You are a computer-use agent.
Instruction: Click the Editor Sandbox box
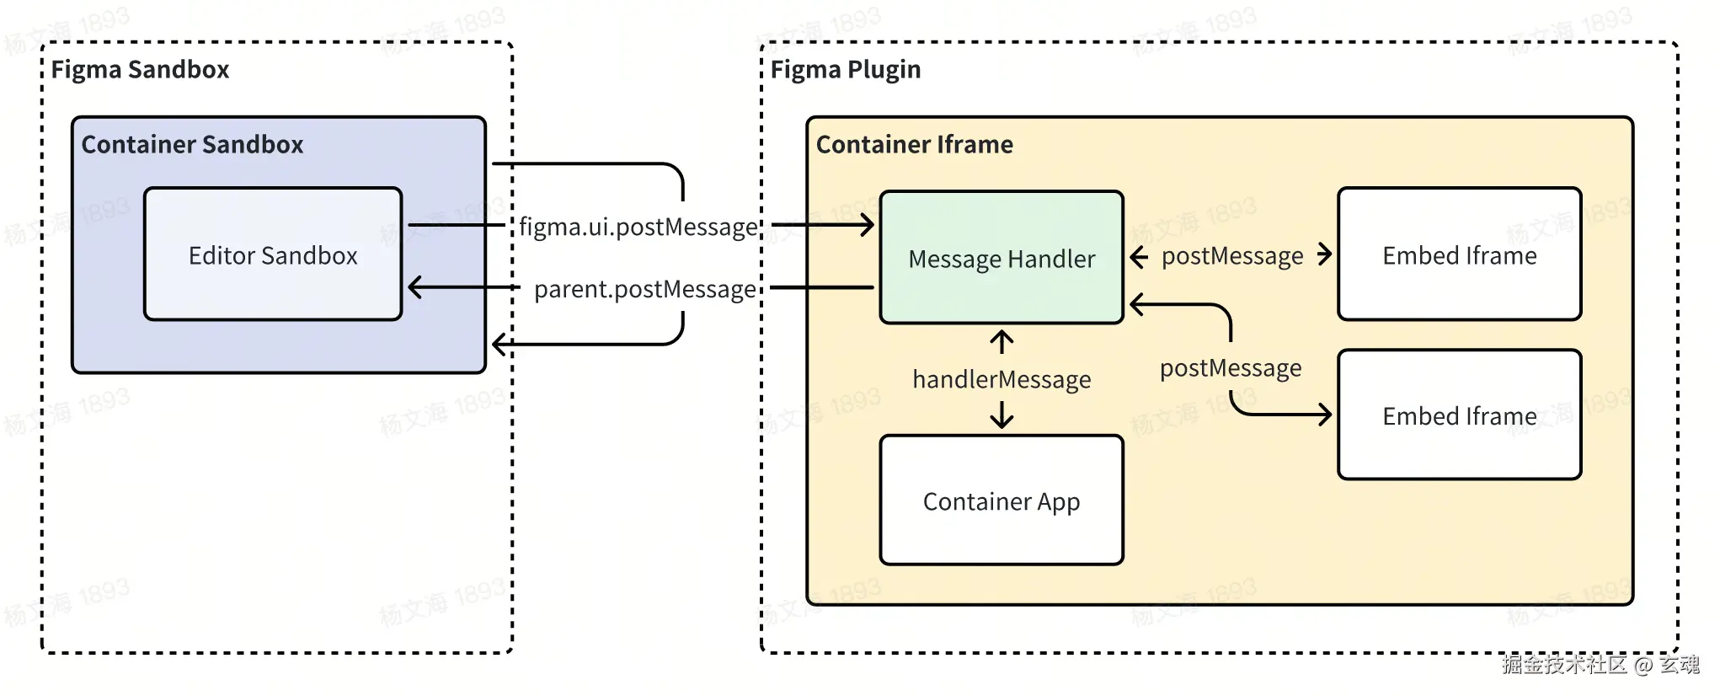click(272, 254)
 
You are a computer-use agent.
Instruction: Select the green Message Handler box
click(1001, 258)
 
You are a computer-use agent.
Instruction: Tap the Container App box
click(1001, 501)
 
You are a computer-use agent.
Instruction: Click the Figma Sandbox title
click(140, 69)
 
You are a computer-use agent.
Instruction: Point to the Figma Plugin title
click(845, 69)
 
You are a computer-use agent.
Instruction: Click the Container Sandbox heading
click(192, 144)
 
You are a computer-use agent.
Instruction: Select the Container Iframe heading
click(914, 144)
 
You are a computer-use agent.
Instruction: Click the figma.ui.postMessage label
click(638, 227)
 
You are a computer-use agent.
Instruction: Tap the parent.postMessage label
click(644, 289)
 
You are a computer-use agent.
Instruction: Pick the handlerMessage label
click(1001, 379)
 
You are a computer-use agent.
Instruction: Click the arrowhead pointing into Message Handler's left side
click(868, 225)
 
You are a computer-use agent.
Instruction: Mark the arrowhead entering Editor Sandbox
click(414, 287)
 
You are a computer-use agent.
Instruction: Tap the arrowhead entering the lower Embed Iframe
click(1326, 414)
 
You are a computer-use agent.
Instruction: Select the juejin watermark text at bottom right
click(1600, 665)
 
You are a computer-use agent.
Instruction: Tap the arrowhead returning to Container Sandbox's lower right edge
click(499, 344)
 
